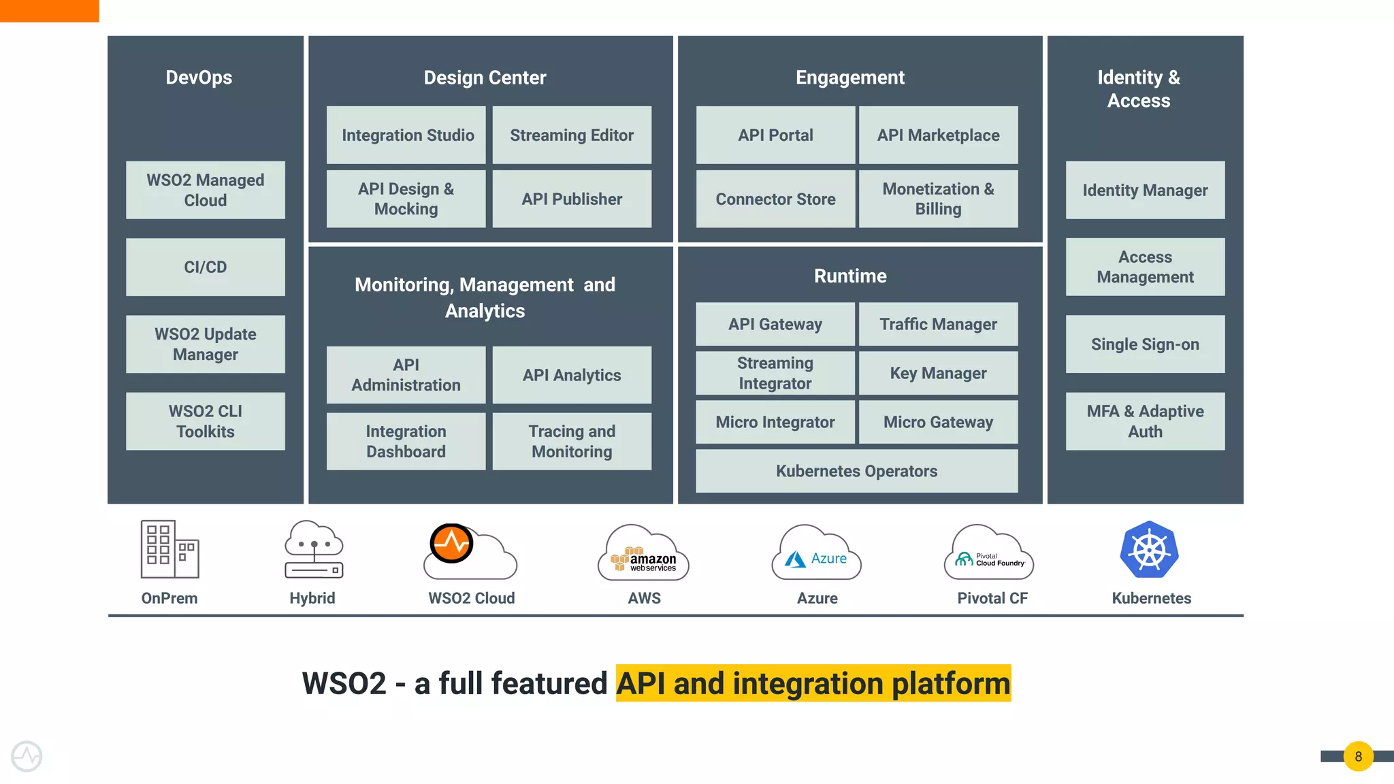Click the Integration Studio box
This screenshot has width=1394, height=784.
pos(406,135)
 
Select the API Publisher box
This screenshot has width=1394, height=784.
pos(572,199)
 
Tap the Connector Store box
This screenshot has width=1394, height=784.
pos(775,199)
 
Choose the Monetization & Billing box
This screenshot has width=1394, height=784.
pos(938,199)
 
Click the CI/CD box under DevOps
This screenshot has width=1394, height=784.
pos(205,267)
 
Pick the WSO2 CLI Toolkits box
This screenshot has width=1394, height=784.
pos(205,421)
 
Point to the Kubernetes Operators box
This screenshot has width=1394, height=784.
pos(856,471)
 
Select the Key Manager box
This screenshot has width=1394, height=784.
pos(938,373)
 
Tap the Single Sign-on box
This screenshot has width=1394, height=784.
pos(1145,344)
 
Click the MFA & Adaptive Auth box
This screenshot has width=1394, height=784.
pos(1145,421)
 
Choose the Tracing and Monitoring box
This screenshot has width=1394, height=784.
pos(572,442)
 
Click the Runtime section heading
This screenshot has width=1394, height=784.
pos(850,276)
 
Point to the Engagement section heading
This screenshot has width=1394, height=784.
pos(850,78)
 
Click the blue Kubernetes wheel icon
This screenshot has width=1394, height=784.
pos(1149,550)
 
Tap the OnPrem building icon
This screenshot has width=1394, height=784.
pos(169,550)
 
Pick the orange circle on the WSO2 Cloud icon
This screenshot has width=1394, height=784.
pos(451,543)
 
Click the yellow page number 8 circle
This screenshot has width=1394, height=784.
pos(1358,756)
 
